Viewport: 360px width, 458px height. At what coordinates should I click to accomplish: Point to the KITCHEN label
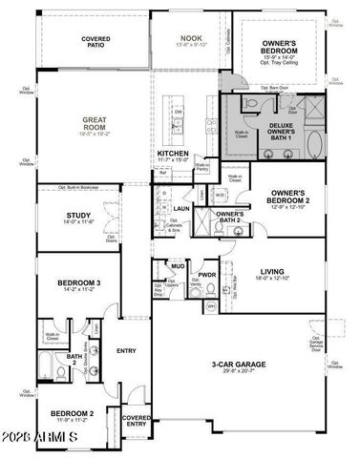pos(173,155)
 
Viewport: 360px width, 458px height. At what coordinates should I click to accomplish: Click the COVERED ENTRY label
pos(136,420)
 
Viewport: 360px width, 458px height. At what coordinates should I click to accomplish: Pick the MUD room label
pos(178,266)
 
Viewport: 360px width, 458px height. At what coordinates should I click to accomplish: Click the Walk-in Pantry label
pos(202,166)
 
